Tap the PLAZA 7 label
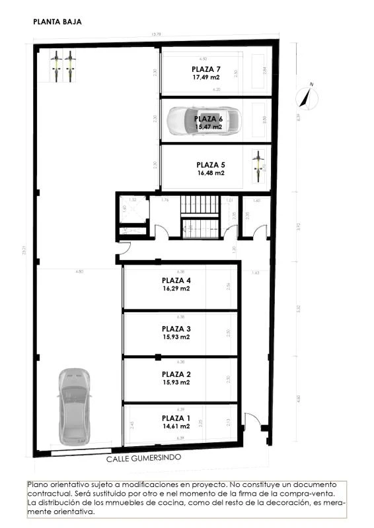[206, 69]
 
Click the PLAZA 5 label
[211, 165]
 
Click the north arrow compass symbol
[307, 96]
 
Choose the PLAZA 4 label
[176, 280]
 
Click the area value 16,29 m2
[176, 288]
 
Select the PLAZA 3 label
[176, 329]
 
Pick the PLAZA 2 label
[176, 374]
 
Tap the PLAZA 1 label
[176, 418]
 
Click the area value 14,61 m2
[176, 426]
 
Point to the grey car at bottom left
[73, 406]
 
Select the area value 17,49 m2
[206, 77]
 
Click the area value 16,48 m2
[211, 173]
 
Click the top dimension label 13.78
[156, 35]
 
